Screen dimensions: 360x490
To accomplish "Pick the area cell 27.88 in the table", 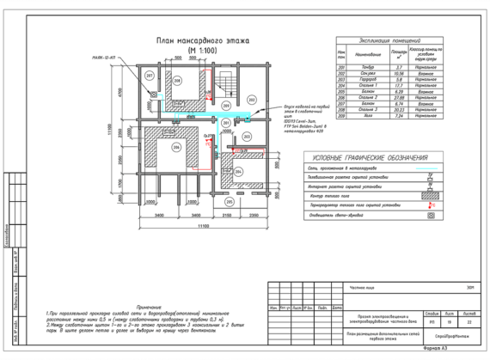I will tap(398, 98).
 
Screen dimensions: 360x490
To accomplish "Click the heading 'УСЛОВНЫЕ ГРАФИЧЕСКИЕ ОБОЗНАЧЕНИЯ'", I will tap(371, 158).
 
